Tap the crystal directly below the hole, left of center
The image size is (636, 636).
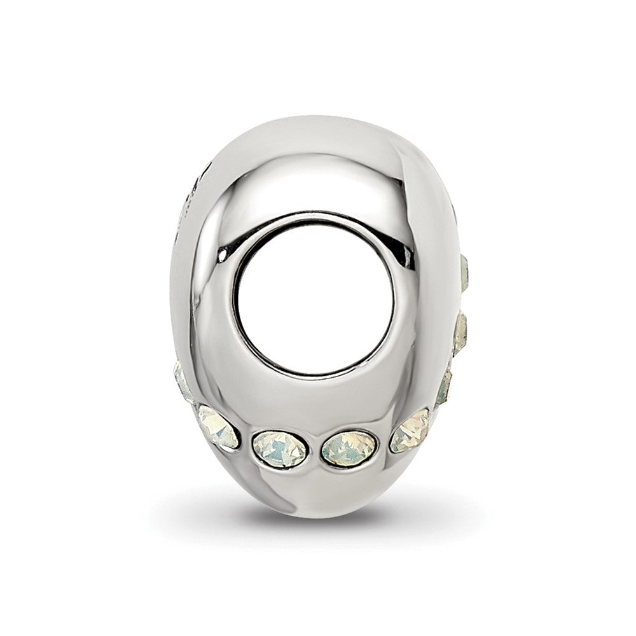pos(280,449)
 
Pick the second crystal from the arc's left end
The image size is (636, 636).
pos(218,427)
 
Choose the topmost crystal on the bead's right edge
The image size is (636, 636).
pos(464,272)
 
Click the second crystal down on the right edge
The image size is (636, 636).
pos(460,332)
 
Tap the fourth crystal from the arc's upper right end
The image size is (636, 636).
pos(410,431)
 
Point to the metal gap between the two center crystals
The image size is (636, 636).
pos(314,450)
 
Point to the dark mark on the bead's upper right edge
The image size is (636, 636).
pos(453,210)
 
